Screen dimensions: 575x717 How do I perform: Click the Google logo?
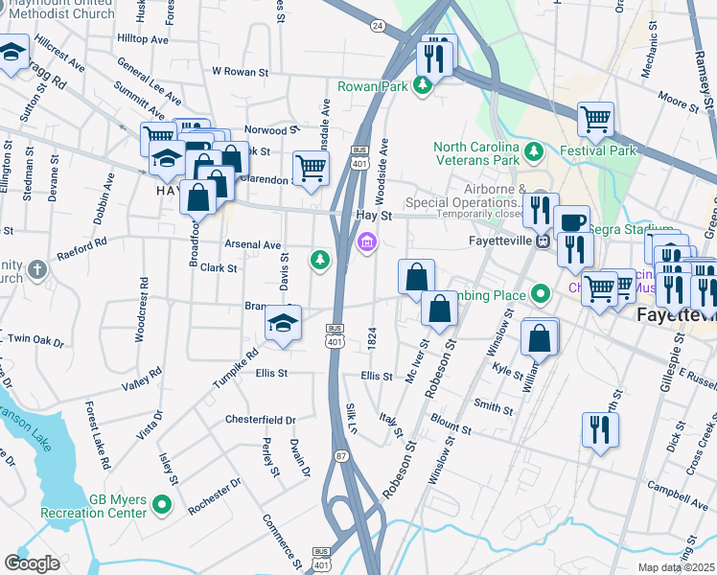coord(32,563)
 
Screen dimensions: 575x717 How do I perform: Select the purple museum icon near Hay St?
coord(365,245)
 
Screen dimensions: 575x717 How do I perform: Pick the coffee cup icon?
coord(571,221)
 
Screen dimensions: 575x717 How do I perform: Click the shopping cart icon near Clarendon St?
coord(311,169)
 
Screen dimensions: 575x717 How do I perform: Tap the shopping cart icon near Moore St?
coord(595,119)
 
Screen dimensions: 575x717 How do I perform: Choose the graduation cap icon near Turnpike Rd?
coord(283,323)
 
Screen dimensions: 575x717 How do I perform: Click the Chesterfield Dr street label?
coord(261,420)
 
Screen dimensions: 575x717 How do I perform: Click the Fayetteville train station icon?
coord(542,241)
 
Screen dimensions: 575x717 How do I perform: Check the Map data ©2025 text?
coord(676,567)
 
